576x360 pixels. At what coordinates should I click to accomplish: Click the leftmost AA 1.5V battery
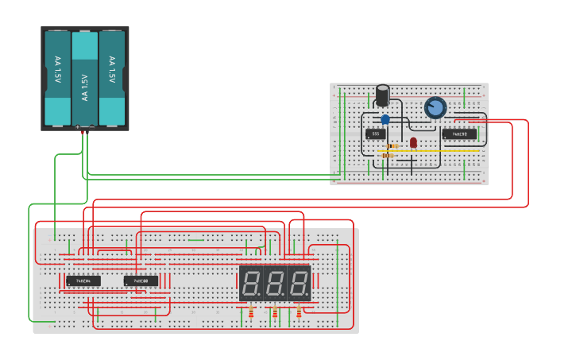coord(57,77)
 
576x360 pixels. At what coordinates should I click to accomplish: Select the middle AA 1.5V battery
coord(84,78)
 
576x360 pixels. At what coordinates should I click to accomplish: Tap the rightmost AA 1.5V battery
coord(111,77)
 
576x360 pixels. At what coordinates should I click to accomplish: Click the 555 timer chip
coord(376,134)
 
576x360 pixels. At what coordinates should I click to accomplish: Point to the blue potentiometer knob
coord(435,107)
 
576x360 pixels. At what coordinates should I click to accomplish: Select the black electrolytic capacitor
coord(382,95)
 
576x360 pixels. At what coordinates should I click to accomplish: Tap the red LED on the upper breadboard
coord(413,142)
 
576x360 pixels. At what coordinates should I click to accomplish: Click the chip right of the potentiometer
coord(459,134)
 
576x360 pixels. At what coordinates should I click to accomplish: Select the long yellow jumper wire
coord(433,149)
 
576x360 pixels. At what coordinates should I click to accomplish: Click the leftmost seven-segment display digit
coord(251,283)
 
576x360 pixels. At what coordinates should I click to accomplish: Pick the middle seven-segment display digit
coord(275,283)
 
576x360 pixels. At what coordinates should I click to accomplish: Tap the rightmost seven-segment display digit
coord(299,283)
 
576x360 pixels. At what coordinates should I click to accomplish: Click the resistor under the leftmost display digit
coord(251,312)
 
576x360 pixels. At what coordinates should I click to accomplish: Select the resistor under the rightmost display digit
coord(299,312)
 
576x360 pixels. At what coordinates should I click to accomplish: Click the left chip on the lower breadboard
coord(83,281)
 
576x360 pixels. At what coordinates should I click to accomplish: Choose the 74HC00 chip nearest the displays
coord(141,281)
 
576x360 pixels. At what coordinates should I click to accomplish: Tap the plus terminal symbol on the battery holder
coord(77,126)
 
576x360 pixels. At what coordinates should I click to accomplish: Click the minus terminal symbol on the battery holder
coord(91,126)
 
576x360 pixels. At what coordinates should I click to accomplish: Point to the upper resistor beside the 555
coord(392,146)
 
